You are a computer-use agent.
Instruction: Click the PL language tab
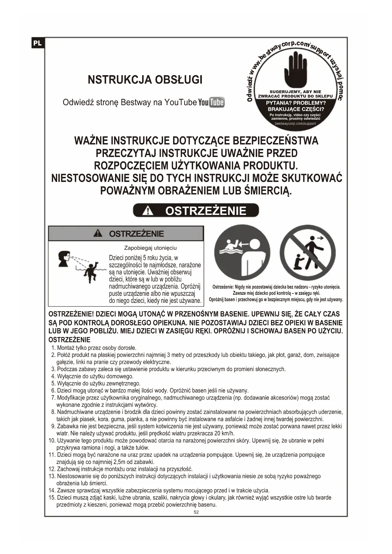pyautogui.click(x=38, y=43)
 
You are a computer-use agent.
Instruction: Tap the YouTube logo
pyautogui.click(x=211, y=102)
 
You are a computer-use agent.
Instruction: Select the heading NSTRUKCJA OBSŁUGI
pyautogui.click(x=145, y=80)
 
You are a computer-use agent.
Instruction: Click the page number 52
pyautogui.click(x=196, y=512)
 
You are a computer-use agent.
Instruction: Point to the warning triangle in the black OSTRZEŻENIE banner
pyautogui.click(x=148, y=211)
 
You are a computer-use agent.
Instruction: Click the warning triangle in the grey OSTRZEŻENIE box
pyautogui.click(x=98, y=233)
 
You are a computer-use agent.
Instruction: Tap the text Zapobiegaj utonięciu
pyautogui.click(x=150, y=248)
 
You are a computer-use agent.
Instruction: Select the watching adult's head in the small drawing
pyautogui.click(x=64, y=258)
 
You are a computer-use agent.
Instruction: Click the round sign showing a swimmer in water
pyautogui.click(x=242, y=252)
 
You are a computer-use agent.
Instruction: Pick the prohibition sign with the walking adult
pyautogui.click(x=307, y=252)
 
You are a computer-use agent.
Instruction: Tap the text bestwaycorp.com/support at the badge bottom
pyautogui.click(x=295, y=123)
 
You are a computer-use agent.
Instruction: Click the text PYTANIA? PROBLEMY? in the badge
pyautogui.click(x=296, y=103)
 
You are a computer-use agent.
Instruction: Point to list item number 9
pyautogui.click(x=53, y=426)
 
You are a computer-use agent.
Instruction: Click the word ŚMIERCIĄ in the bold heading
pyautogui.click(x=268, y=191)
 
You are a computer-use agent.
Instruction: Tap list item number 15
pyautogui.click(x=52, y=498)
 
